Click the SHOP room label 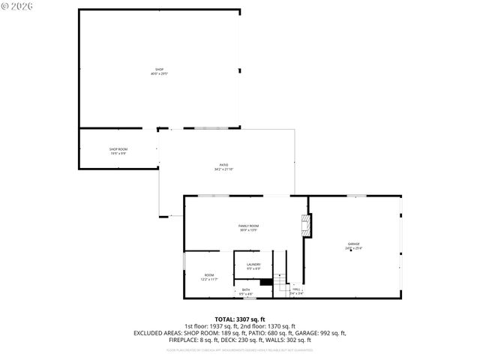[x=159, y=70]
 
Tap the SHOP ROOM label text [x=118, y=149]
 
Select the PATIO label [x=223, y=165]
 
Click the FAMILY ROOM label [x=248, y=226]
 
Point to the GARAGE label [x=353, y=244]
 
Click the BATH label [x=245, y=289]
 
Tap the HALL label [x=297, y=289]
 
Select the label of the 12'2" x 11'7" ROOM [x=208, y=275]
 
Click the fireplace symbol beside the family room [x=305, y=226]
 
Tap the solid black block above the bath [x=265, y=282]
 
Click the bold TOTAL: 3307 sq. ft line [x=240, y=319]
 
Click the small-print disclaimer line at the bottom [x=240, y=349]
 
